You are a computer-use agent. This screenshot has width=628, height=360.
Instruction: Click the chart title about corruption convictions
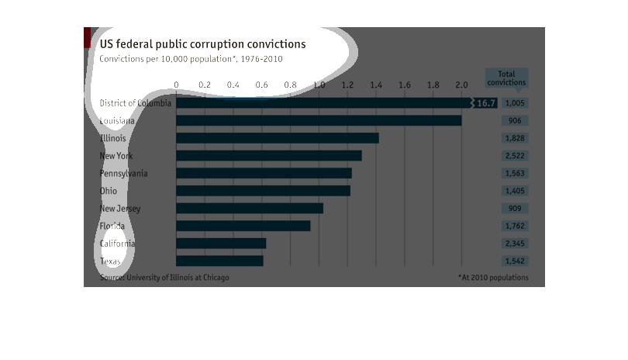tap(202, 44)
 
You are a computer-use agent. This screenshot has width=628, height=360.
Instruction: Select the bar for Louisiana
tap(319, 120)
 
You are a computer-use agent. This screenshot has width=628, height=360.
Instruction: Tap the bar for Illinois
tap(278, 138)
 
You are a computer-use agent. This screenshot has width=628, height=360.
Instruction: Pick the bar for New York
tap(269, 155)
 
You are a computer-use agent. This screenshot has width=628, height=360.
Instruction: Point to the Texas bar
tap(219, 261)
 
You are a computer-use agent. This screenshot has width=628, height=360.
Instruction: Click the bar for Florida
tap(243, 226)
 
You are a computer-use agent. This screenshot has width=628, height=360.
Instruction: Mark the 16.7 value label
tap(486, 102)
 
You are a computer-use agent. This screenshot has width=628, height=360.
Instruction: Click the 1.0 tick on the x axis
tap(319, 85)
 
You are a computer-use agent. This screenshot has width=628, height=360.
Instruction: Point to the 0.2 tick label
tap(205, 85)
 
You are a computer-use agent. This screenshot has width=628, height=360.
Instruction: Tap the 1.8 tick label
tap(433, 85)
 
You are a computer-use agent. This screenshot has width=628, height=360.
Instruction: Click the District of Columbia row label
tap(136, 103)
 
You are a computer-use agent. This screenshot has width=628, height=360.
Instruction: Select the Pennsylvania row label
tap(123, 173)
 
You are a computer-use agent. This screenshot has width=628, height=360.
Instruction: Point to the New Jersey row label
tap(120, 208)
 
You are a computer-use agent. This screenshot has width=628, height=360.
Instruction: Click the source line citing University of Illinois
tap(164, 278)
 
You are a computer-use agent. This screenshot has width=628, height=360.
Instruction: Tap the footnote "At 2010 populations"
tap(493, 278)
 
